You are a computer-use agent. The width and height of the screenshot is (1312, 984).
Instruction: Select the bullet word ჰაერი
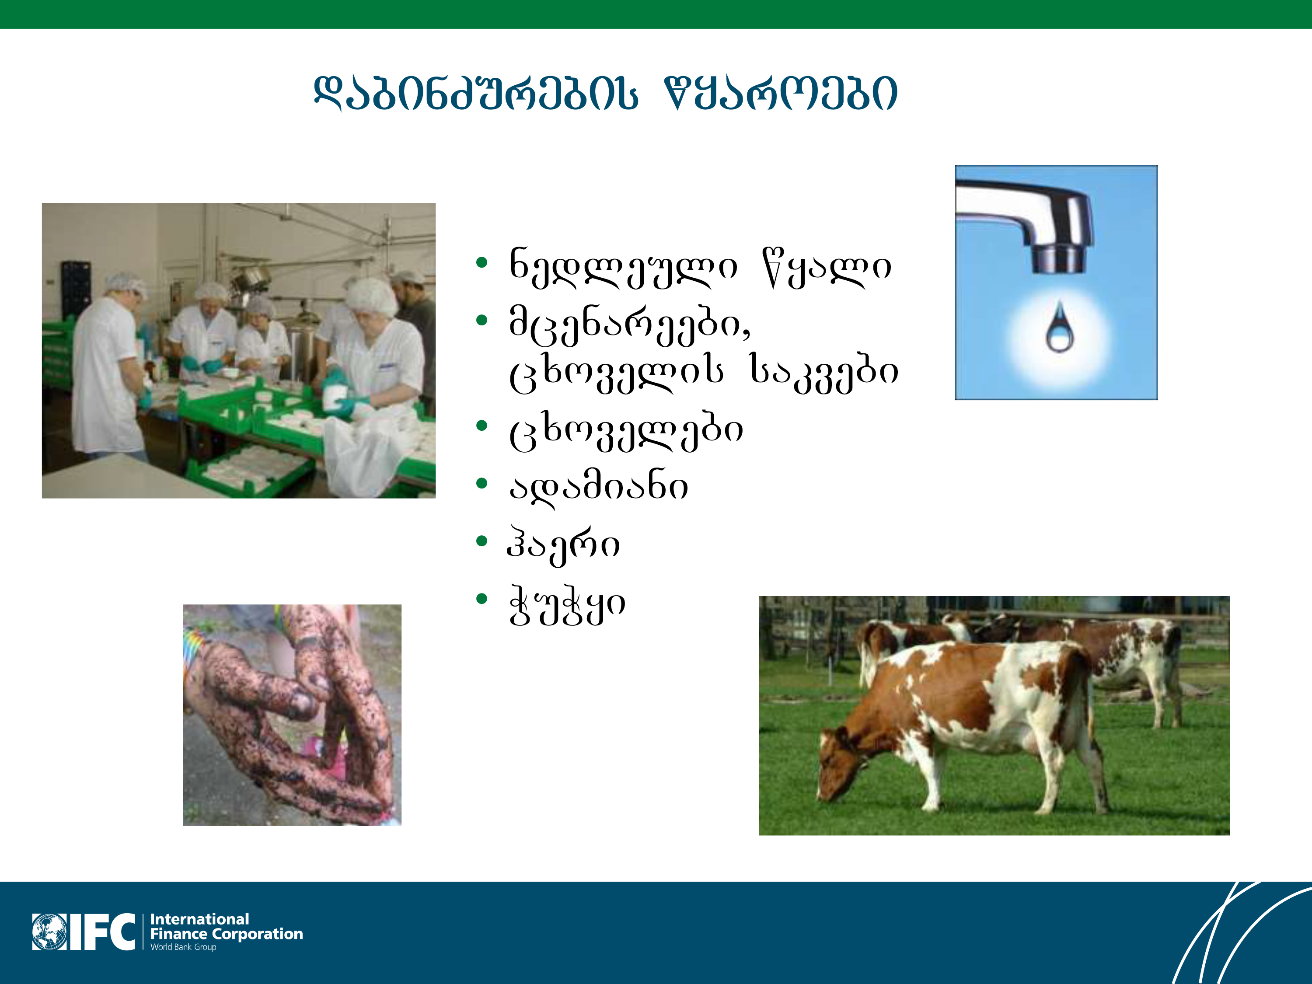(563, 544)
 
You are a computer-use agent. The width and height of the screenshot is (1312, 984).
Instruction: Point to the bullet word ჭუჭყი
(566, 605)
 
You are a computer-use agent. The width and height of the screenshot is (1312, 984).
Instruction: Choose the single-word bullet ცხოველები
(626, 430)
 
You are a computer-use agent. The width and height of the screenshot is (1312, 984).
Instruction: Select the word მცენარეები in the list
(630, 326)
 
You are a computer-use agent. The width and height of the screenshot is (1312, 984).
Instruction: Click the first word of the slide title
(476, 94)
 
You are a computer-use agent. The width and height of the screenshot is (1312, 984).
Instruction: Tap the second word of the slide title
(781, 94)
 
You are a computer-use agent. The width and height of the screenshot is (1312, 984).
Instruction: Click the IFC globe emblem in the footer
(50, 932)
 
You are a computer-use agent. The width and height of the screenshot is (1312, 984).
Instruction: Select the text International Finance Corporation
(226, 926)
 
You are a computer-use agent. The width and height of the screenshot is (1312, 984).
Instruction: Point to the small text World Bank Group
(183, 947)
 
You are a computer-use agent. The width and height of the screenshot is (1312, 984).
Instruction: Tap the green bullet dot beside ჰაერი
(482, 541)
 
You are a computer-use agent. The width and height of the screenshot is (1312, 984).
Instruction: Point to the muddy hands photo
(292, 715)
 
